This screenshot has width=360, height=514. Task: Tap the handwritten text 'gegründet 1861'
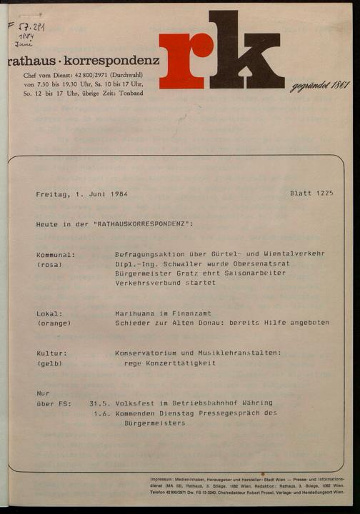pyautogui.click(x=319, y=86)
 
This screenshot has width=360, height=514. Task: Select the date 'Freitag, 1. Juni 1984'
pyautogui.click(x=81, y=194)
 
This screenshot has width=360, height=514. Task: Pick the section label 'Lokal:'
pyautogui.click(x=49, y=313)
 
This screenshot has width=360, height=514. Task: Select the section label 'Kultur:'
pyautogui.click(x=51, y=353)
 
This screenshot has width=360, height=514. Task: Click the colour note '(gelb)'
pyautogui.click(x=49, y=363)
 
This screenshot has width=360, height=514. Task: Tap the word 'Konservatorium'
pyautogui.click(x=148, y=353)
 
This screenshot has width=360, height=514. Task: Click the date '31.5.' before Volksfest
pyautogui.click(x=99, y=403)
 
